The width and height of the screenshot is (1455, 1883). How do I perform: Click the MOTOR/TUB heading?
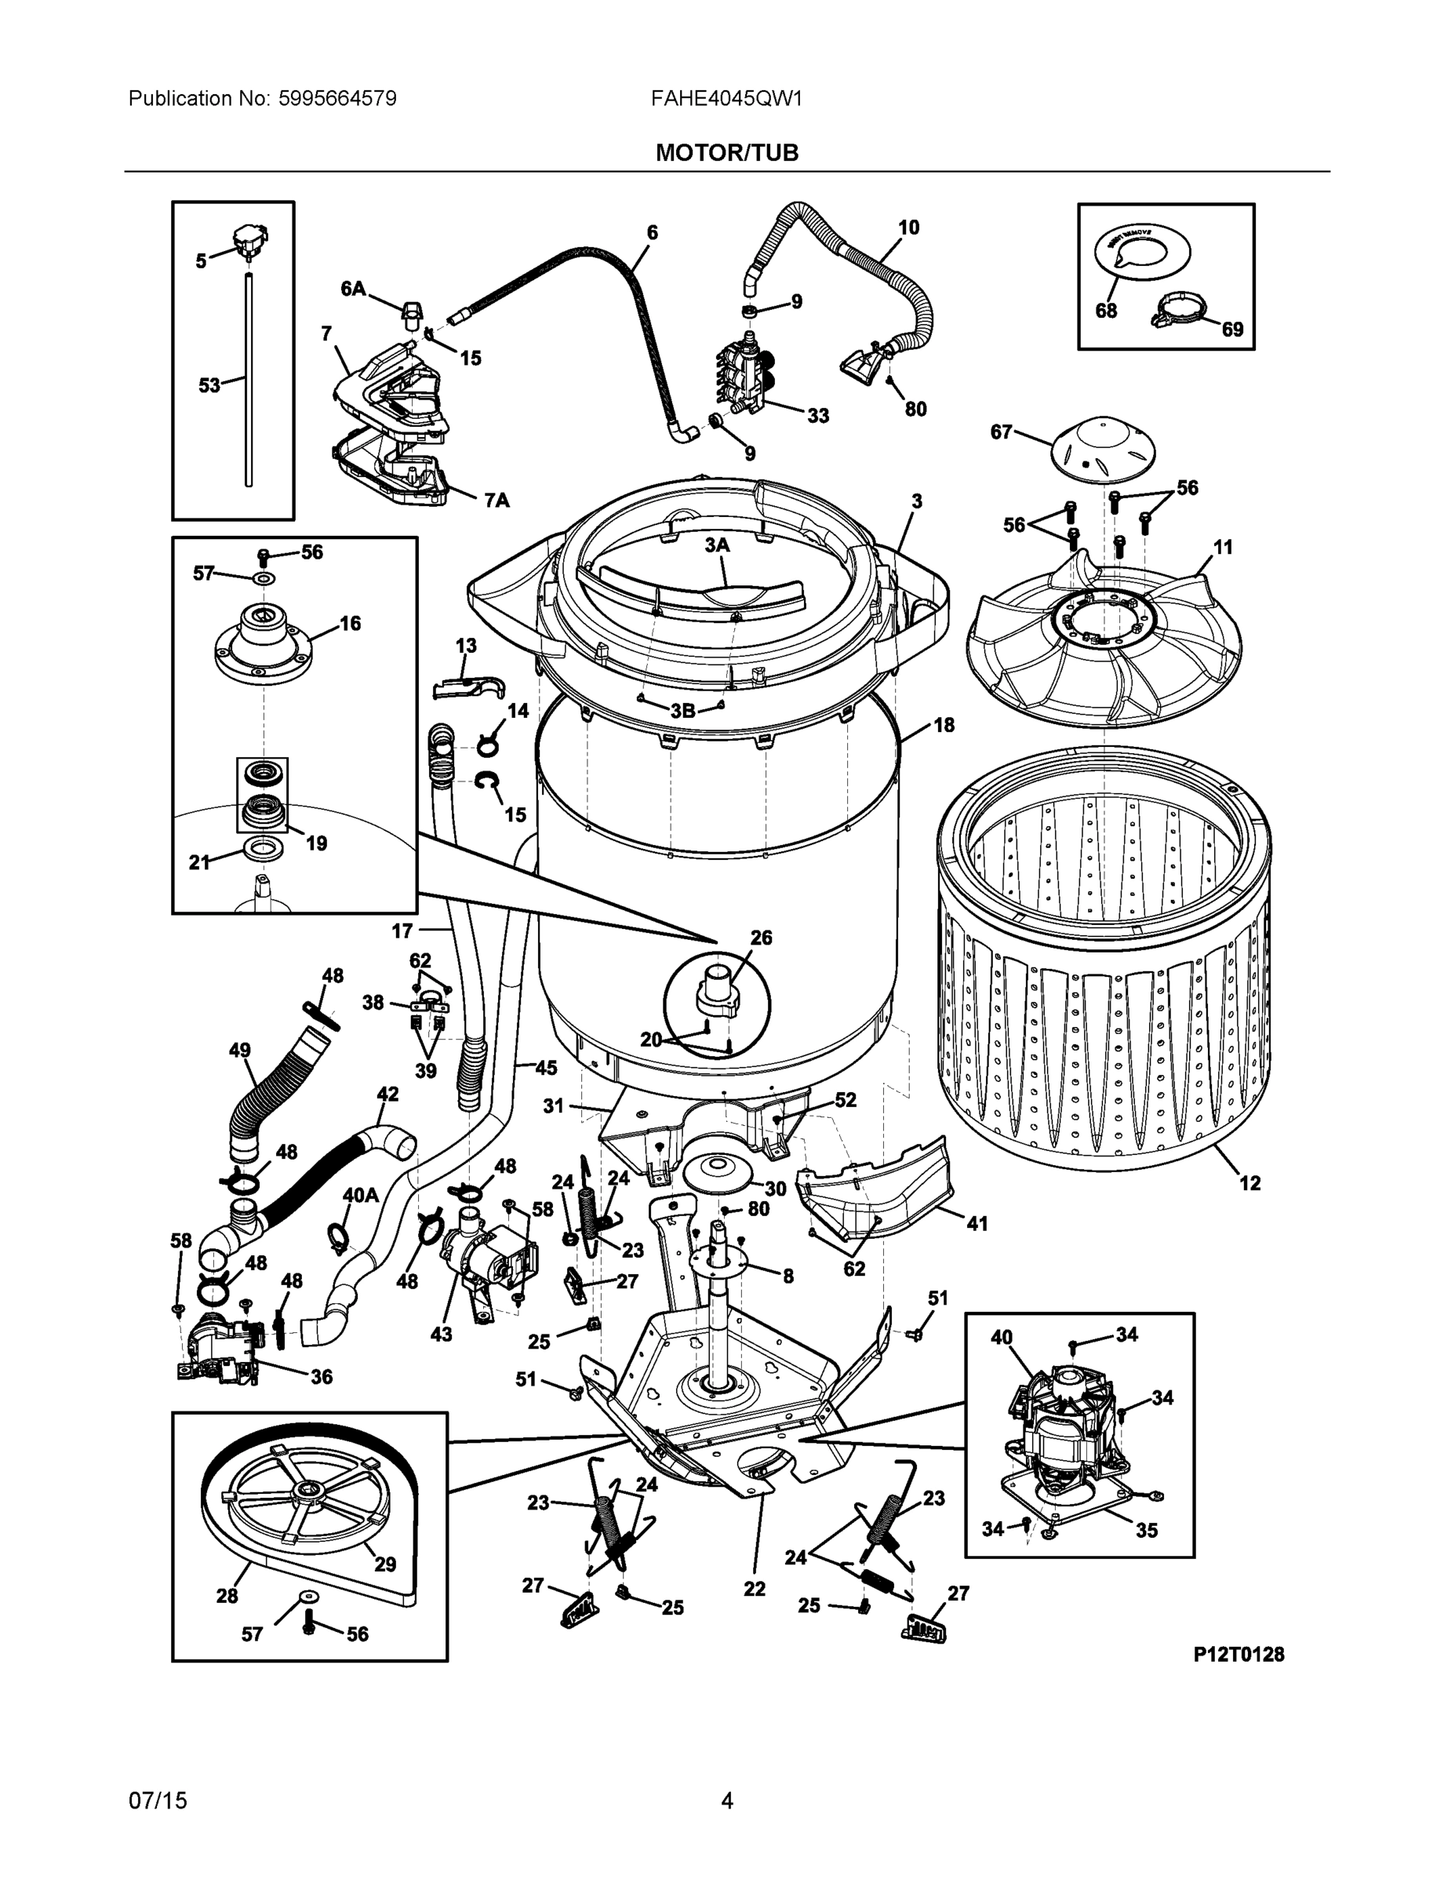[726, 153]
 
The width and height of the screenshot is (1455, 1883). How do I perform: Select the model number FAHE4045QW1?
[726, 98]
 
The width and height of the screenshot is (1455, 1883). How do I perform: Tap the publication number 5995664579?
[337, 98]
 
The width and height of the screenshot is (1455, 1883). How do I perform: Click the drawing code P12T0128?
[1238, 1654]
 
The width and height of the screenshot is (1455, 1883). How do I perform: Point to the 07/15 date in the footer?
[158, 1801]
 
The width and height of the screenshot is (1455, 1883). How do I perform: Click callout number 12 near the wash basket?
[1249, 1183]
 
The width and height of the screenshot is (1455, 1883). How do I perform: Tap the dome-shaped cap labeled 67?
[1103, 448]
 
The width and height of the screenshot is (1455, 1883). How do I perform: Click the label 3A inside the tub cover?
[716, 545]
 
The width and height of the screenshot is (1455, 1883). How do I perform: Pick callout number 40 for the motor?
[1001, 1337]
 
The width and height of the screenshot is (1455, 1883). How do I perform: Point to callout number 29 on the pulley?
[384, 1563]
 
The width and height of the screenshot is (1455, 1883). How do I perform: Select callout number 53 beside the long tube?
[209, 385]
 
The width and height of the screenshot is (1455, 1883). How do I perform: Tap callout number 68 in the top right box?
[1106, 311]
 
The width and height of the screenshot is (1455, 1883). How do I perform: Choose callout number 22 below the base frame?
[755, 1588]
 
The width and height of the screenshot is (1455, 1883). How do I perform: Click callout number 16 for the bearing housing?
[350, 624]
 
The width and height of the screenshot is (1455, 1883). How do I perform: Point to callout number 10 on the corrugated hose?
[908, 228]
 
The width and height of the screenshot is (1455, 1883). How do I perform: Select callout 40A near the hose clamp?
[360, 1195]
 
